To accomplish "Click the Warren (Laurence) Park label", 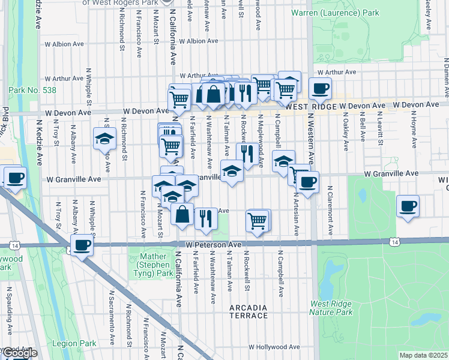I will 343,13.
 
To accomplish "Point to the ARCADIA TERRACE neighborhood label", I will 249,311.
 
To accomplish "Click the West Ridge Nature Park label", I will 331,308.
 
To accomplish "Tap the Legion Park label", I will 79,344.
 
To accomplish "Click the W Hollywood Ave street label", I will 273,347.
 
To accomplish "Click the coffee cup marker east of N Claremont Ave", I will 408,206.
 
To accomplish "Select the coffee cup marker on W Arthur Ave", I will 320,89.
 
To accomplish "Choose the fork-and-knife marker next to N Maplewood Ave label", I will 247,153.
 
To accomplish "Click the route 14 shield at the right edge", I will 394,242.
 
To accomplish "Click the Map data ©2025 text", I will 423,355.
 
